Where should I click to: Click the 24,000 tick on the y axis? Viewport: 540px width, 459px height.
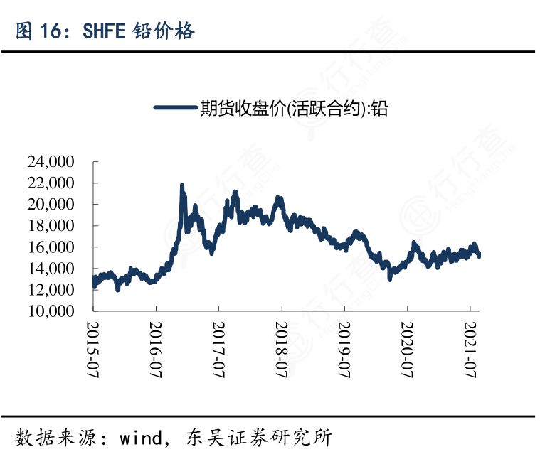(51, 162)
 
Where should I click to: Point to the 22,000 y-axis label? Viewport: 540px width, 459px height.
(51, 183)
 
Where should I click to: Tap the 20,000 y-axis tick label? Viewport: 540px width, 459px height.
(51, 205)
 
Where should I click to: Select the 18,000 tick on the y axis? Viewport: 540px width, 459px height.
(51, 226)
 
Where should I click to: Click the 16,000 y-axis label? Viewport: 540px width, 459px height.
(51, 247)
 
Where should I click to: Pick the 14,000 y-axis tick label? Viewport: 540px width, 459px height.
(51, 269)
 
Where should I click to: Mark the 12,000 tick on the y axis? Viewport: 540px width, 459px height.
(51, 290)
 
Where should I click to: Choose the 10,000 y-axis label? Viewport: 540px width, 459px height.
(51, 311)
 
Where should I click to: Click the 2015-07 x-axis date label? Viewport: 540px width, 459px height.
(93, 346)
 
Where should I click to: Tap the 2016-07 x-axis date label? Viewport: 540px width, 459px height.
(156, 346)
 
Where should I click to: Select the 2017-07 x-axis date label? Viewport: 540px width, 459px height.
(218, 346)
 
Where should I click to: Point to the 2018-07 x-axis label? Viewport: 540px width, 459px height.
(281, 346)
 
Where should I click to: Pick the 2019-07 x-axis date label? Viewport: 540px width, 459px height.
(344, 346)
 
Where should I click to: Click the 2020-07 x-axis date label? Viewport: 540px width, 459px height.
(407, 346)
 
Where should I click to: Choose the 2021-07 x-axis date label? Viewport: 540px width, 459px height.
(470, 346)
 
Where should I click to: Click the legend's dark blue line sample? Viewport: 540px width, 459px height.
(175, 108)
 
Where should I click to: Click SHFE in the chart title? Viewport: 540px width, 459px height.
(104, 31)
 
